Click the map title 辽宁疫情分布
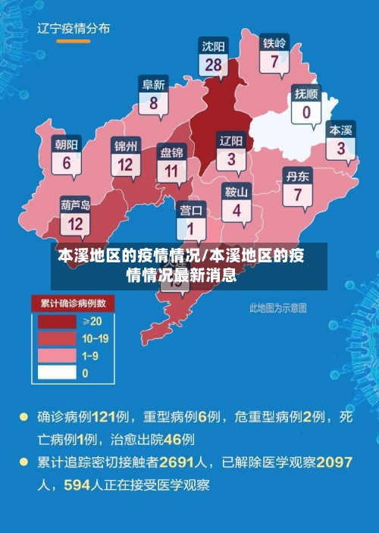pos(74,29)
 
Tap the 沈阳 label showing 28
pos(213,57)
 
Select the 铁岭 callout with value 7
pos(274,54)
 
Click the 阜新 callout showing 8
pos(154,96)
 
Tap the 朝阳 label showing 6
pos(67,155)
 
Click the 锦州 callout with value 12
pos(126,156)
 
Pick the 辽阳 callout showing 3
pos(231,151)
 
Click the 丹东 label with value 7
pos(297,187)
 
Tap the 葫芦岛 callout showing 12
pos(76,216)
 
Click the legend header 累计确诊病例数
pos(73,304)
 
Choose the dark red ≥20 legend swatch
pos(57,321)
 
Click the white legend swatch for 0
pos(57,372)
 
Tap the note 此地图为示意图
pos(278,308)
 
